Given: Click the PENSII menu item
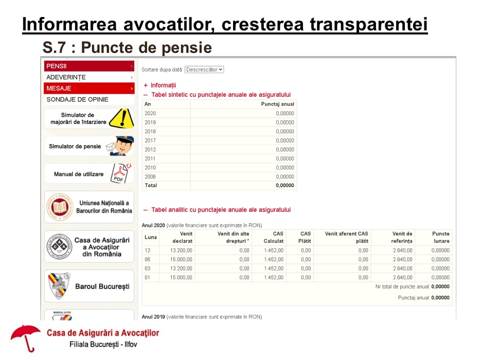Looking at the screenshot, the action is (57, 66).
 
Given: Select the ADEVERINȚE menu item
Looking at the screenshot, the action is (66, 77).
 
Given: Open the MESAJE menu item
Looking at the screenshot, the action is (59, 88).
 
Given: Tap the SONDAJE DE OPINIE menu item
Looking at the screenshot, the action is (77, 99).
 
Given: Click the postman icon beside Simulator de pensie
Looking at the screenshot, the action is (120, 146).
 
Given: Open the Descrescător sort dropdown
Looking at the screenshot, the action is (204, 69).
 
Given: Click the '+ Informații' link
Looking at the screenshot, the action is (160, 85).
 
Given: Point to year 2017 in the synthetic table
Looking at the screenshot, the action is (150, 140).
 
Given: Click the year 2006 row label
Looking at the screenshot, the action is (150, 176).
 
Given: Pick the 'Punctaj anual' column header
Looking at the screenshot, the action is (278, 104).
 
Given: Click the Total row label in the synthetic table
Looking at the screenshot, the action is (151, 185).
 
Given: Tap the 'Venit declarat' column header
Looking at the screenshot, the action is (183, 237).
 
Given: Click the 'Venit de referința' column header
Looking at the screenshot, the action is (402, 237).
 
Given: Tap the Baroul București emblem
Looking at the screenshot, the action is (60, 286).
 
